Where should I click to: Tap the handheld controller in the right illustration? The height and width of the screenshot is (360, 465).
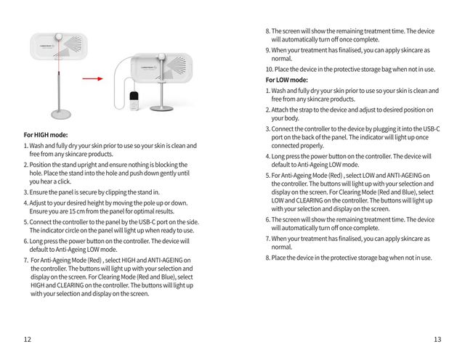click(132, 101)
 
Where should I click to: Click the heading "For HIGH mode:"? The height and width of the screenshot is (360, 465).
click(46, 135)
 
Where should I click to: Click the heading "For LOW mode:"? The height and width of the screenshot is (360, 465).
click(287, 80)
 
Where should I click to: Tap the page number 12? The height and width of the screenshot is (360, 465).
click(27, 339)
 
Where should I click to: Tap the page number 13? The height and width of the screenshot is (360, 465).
click(437, 339)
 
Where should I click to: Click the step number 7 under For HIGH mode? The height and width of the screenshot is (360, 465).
click(25, 260)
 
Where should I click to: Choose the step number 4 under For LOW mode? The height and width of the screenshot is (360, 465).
click(267, 156)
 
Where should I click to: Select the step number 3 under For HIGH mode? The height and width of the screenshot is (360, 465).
click(25, 192)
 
